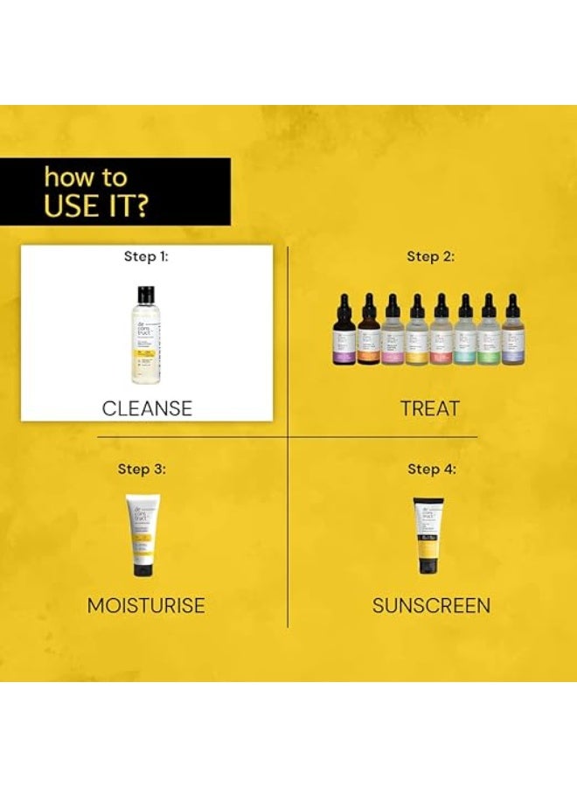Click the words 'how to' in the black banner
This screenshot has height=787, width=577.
[86, 178]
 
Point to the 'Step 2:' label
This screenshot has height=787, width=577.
[431, 256]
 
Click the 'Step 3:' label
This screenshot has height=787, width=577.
[142, 469]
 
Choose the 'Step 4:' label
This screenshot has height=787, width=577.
[431, 469]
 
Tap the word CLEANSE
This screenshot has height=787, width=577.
[147, 407]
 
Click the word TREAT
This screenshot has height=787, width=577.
[430, 407]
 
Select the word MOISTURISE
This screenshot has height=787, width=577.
[146, 605]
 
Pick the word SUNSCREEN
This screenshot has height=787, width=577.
[431, 605]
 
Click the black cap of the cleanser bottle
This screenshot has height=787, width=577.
[145, 292]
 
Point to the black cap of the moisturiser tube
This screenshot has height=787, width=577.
[142, 569]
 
